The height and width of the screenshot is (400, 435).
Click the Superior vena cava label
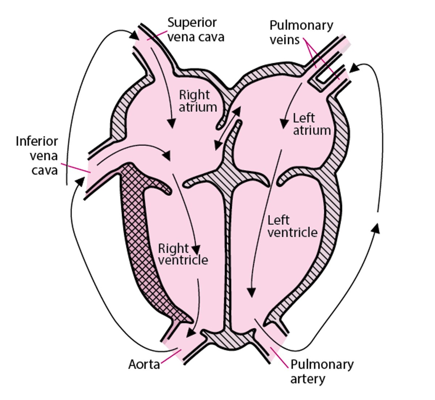(196, 30)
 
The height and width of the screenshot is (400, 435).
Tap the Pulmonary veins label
(301, 32)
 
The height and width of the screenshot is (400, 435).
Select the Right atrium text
(198, 101)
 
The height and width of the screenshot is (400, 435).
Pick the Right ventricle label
(183, 254)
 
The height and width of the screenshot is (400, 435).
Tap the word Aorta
(144, 364)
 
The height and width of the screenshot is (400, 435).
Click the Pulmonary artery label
(322, 371)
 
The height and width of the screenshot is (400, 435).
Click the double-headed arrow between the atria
(228, 129)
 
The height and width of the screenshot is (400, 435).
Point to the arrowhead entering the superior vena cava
(134, 36)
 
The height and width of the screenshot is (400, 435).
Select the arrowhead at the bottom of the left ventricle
(251, 292)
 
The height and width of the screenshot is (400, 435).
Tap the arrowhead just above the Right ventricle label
(196, 250)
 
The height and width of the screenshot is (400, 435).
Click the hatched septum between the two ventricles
(228, 254)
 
